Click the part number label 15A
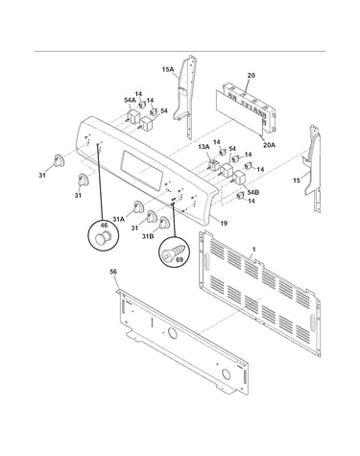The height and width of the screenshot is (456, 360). [x=168, y=69]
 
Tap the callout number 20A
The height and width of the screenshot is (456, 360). [x=269, y=145]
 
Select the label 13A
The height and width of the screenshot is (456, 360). [x=204, y=147]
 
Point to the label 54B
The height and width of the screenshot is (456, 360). [x=253, y=192]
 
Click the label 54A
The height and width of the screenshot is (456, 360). [x=130, y=100]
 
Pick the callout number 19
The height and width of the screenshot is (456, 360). [x=224, y=224]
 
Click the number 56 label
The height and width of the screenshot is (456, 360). [x=113, y=272]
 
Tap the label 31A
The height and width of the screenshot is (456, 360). [x=118, y=219]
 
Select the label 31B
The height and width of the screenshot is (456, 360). [x=148, y=236]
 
